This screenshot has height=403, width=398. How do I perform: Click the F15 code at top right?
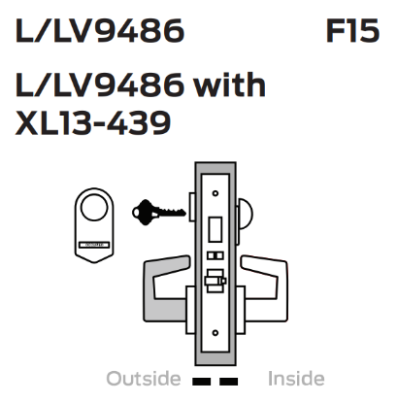click(350, 32)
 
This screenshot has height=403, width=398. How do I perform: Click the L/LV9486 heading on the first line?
click(100, 32)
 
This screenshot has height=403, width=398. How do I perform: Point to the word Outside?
click(143, 378)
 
